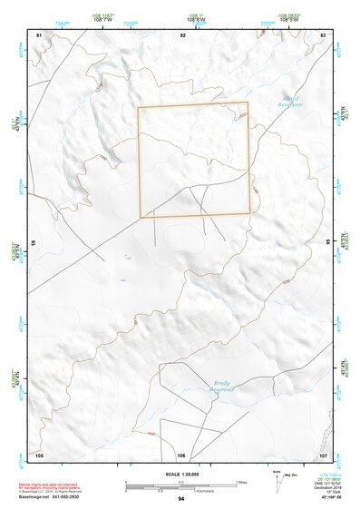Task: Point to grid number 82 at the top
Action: click(x=182, y=34)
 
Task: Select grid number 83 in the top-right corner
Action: click(x=322, y=34)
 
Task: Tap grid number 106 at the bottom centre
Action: click(x=181, y=455)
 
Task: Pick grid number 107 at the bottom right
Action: click(x=322, y=455)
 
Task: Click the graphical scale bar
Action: click(x=181, y=487)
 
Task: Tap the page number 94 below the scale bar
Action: click(x=181, y=500)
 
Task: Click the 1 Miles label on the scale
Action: click(x=241, y=482)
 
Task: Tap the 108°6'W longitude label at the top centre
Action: click(x=197, y=19)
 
